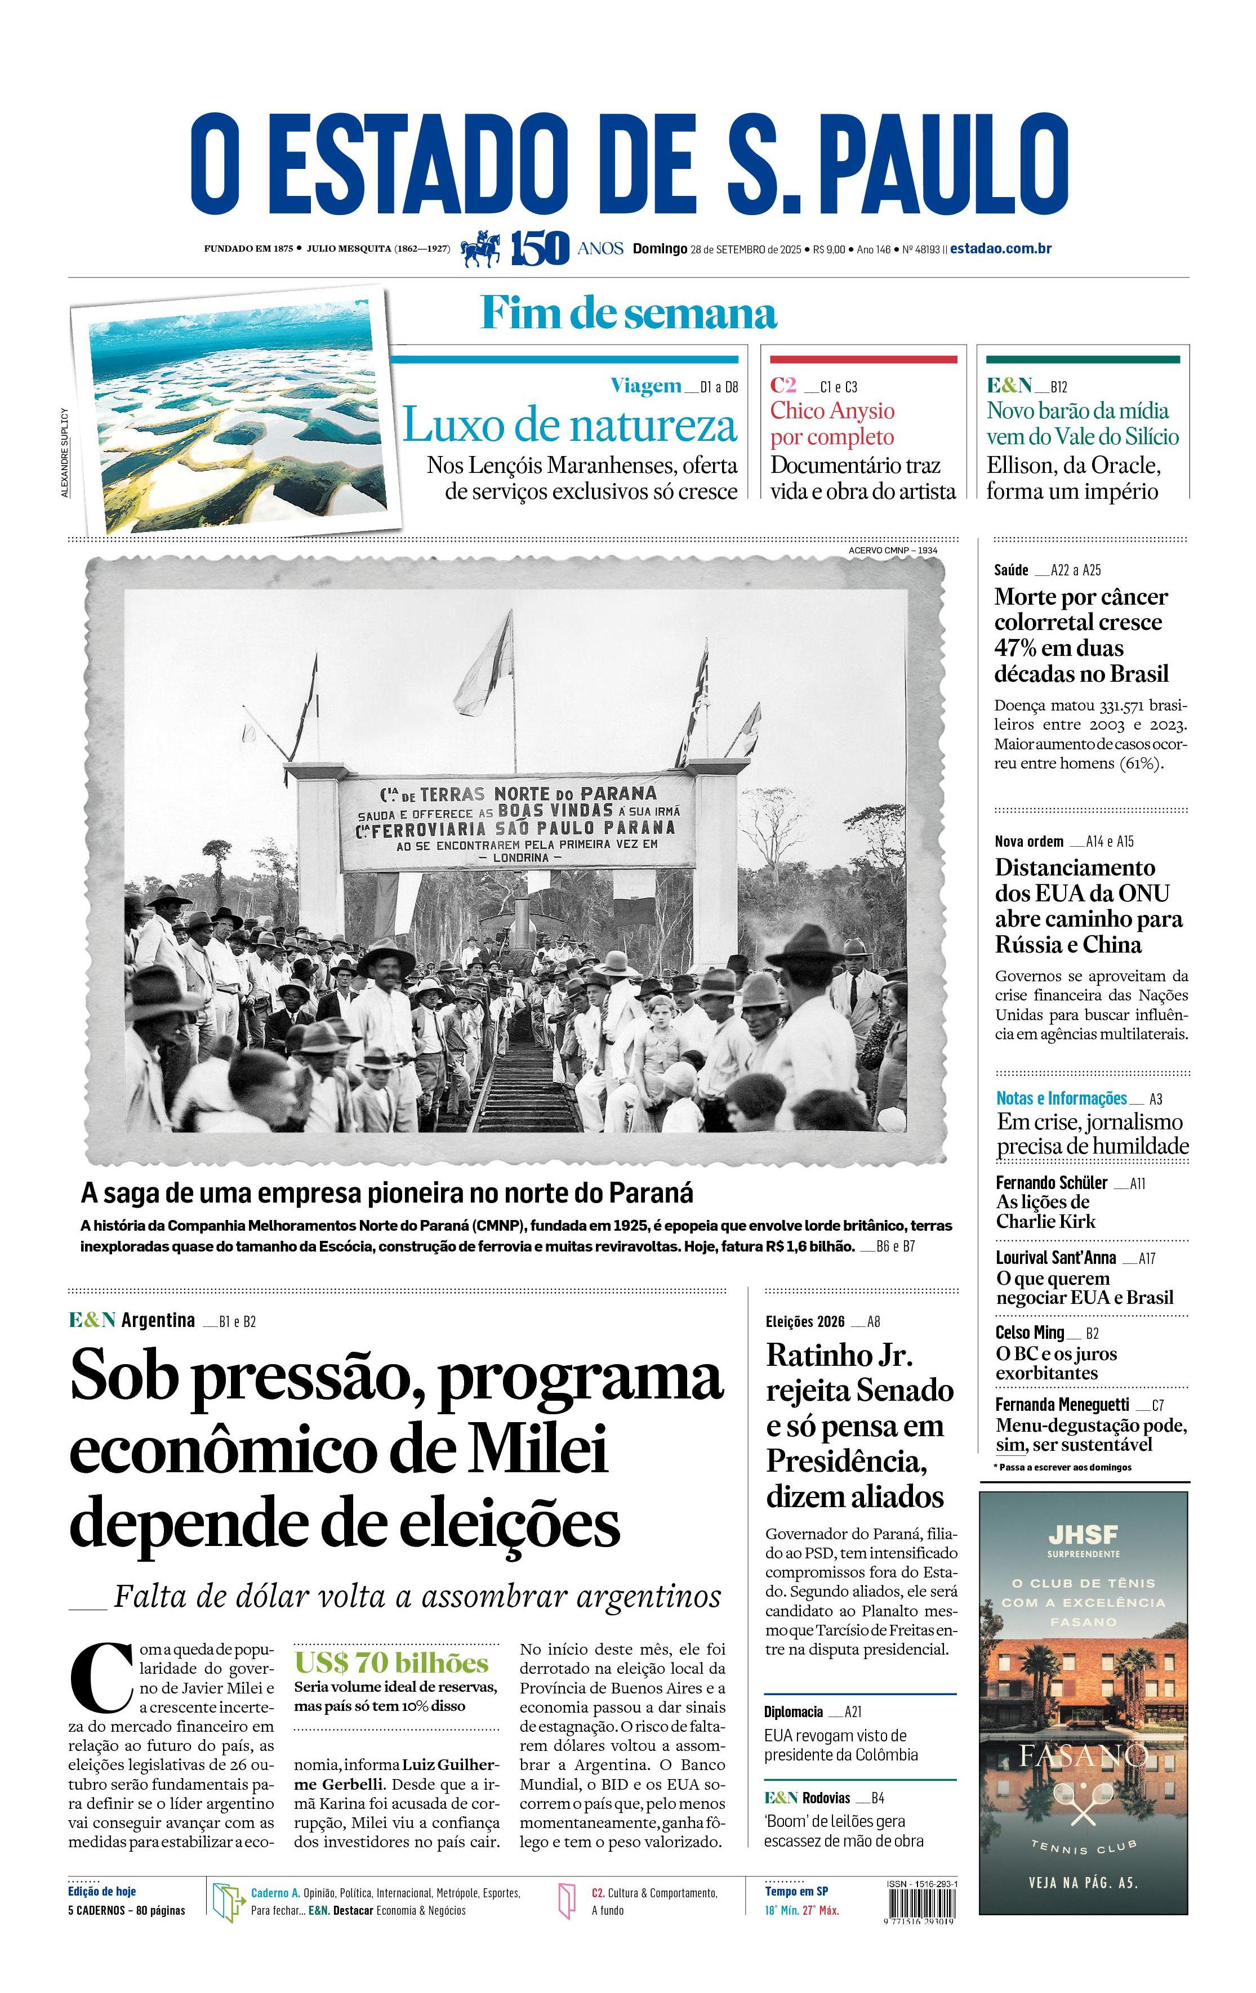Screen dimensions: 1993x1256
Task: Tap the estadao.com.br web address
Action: point(1000,248)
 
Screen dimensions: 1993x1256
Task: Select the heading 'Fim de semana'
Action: point(629,314)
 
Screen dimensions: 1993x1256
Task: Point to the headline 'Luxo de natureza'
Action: point(569,426)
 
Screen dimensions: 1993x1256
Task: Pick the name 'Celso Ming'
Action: point(1029,1331)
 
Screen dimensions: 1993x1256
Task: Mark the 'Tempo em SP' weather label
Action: point(796,1891)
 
